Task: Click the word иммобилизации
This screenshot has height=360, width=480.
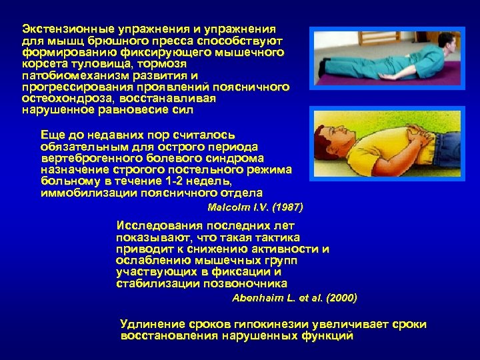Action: coord(82,192)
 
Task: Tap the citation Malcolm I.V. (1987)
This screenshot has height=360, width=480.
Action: coord(255,207)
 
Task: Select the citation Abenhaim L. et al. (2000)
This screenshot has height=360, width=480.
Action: coord(294,297)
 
